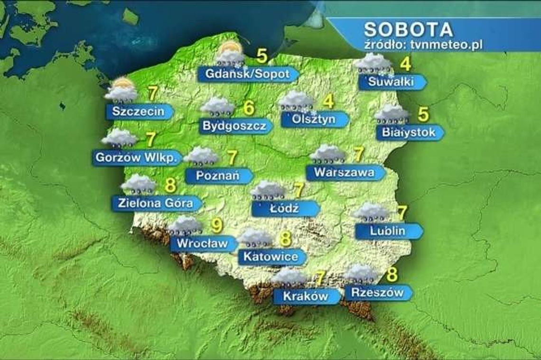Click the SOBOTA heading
408,29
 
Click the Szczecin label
138,112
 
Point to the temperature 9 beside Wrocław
216,225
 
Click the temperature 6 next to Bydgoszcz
249,108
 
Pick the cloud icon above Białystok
392,114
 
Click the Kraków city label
305,296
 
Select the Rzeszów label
374,292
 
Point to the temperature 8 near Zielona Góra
170,185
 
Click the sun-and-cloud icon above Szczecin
121,90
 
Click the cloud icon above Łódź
267,190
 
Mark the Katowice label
270,257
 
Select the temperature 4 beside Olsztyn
327,102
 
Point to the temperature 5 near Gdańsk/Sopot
261,56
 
